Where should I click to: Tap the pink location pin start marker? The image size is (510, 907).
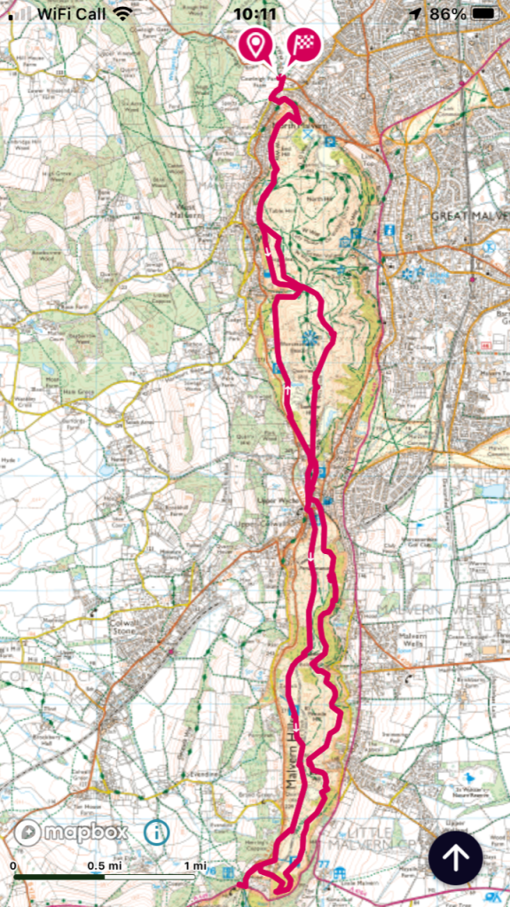pos(257,43)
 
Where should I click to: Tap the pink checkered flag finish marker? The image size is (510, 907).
pos(303,43)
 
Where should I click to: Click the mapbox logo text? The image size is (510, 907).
pos(85,832)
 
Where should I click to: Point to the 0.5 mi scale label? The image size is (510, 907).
pos(103,865)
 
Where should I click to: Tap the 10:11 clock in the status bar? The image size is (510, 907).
pos(255,13)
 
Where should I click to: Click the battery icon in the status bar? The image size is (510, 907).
pos(486,13)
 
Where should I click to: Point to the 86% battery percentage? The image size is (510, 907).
pos(448,13)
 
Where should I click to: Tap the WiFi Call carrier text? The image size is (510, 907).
pos(71,13)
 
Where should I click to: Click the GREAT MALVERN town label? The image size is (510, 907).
pos(469,215)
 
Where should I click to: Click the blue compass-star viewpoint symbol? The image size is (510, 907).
pos(310,337)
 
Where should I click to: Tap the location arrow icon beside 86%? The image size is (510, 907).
pos(415,13)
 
